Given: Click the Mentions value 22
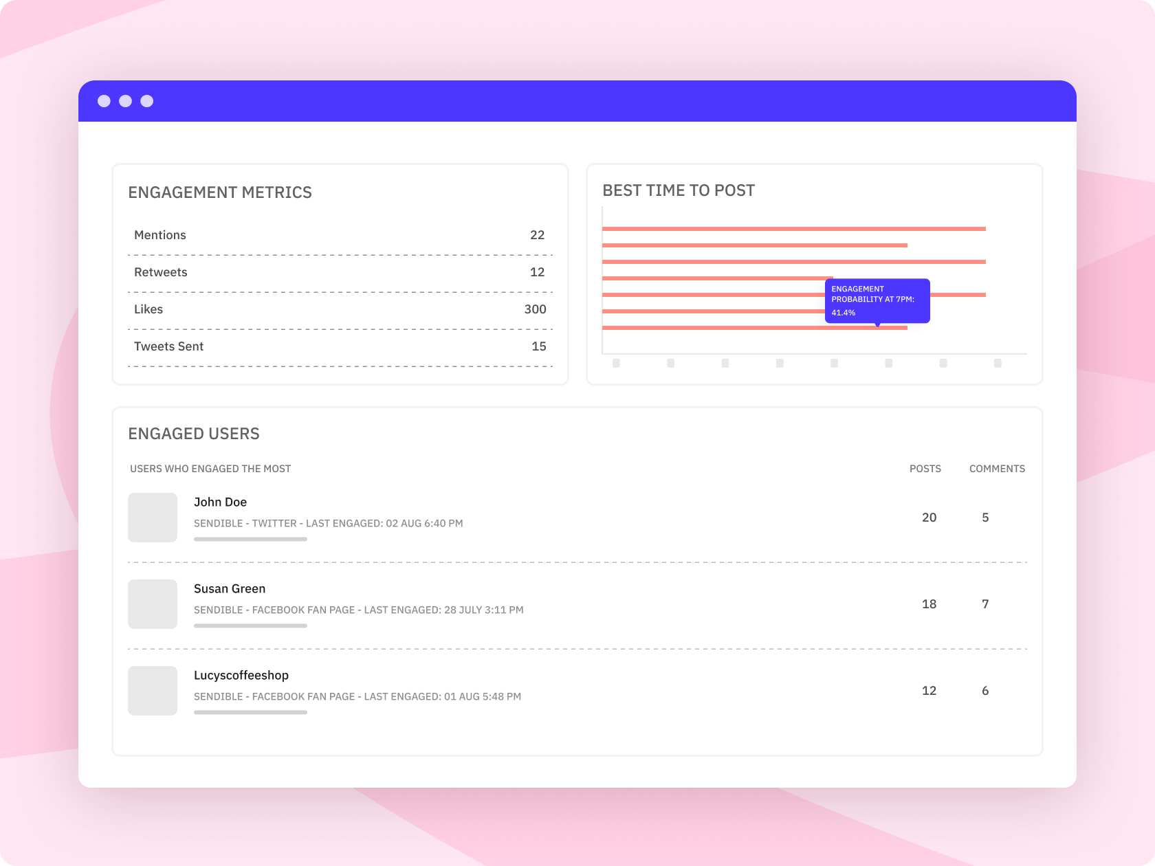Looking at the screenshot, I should tap(537, 235).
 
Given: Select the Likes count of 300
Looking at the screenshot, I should tap(535, 309).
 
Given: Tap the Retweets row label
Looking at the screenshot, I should tap(160, 272).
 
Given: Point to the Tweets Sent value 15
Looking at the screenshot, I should tap(538, 346).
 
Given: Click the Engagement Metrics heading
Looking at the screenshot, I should tap(220, 192).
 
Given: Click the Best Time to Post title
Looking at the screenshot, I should tap(679, 190).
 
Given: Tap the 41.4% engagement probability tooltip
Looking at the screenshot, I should tap(877, 300).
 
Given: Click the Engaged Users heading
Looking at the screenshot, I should tap(194, 434).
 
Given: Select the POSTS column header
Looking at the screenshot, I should tap(925, 469).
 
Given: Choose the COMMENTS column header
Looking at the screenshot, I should tap(997, 469).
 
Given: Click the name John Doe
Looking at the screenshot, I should tap(220, 502).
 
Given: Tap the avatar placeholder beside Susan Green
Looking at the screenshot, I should tap(153, 604).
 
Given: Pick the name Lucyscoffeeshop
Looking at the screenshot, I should tap(241, 676).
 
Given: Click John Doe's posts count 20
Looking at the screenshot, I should tap(929, 518).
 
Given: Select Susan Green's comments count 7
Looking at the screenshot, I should tap(985, 604).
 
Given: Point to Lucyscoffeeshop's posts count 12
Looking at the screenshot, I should tap(929, 691).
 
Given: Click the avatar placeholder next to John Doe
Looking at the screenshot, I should tap(153, 518).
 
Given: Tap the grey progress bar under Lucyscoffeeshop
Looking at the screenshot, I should tap(250, 713).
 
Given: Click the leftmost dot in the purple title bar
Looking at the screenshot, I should tap(104, 101).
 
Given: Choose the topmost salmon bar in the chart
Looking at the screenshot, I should tap(793, 229).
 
